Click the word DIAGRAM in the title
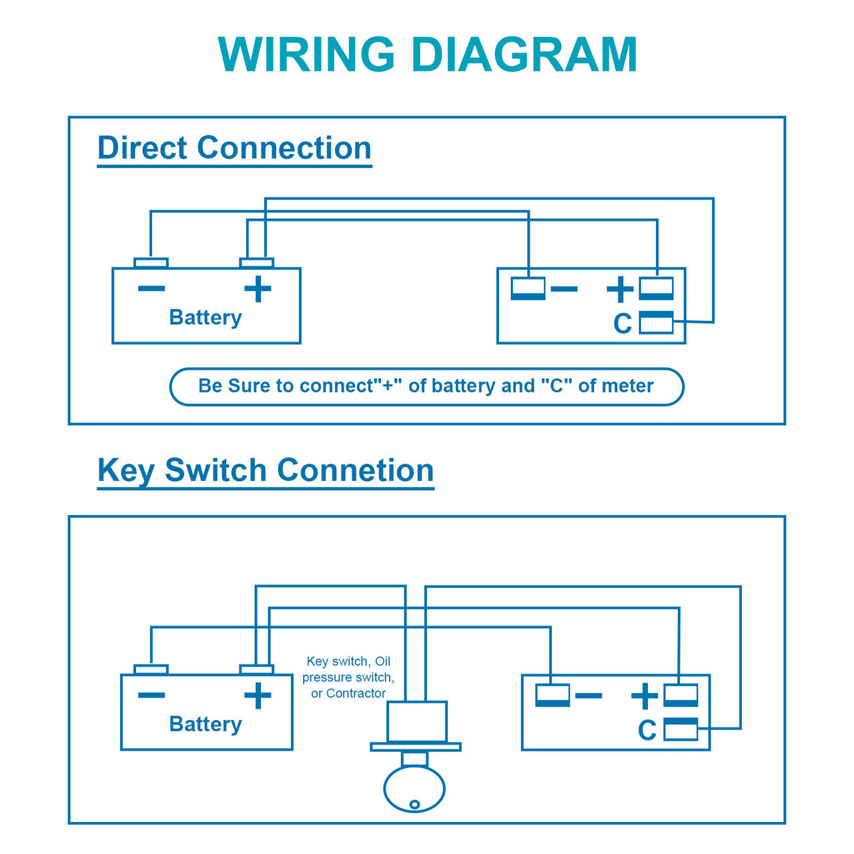pyautogui.click(x=525, y=55)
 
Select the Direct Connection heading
pyautogui.click(x=234, y=148)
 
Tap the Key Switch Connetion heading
pyautogui.click(x=266, y=470)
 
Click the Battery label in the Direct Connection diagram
pyautogui.click(x=205, y=318)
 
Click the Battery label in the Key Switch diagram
pyautogui.click(x=205, y=725)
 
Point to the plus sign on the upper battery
pyautogui.click(x=258, y=290)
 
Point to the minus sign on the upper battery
pyautogui.click(x=151, y=289)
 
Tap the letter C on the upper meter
pyautogui.click(x=622, y=324)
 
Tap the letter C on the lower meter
pyautogui.click(x=647, y=731)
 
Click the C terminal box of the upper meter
pyautogui.click(x=657, y=323)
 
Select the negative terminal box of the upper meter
pyautogui.click(x=528, y=289)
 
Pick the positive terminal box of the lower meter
pyautogui.click(x=681, y=695)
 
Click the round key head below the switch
pyautogui.click(x=414, y=789)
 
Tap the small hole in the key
pyautogui.click(x=414, y=805)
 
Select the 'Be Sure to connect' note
pyautogui.click(x=426, y=386)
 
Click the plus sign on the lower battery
pyautogui.click(x=258, y=696)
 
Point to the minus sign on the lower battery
pyautogui.click(x=151, y=695)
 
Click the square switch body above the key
pyautogui.click(x=417, y=721)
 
